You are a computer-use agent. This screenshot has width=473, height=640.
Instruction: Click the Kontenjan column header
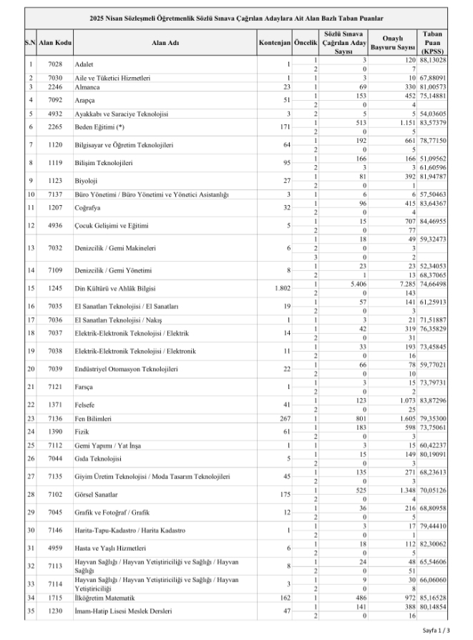pos(275,44)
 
